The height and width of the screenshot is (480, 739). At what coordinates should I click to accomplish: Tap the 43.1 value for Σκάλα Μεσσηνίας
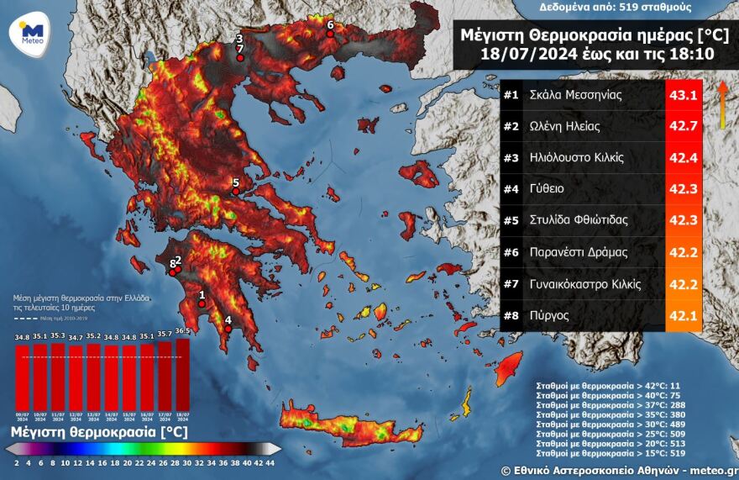(x=683, y=95)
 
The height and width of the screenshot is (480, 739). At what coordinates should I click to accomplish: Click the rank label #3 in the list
(x=511, y=158)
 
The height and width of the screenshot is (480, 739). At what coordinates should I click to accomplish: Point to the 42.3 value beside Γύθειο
(x=683, y=189)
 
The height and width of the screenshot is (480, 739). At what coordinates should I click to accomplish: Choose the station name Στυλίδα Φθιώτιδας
(x=580, y=221)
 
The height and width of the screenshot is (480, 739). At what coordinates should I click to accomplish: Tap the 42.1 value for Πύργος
(x=683, y=315)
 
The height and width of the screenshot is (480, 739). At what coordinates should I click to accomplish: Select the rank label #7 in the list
(x=511, y=284)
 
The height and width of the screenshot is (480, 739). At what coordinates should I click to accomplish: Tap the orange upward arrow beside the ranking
(x=721, y=105)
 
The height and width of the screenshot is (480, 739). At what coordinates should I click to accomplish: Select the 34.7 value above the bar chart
(x=76, y=338)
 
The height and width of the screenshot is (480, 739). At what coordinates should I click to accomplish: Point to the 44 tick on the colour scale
(x=269, y=462)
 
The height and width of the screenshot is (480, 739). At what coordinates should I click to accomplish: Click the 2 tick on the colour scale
(x=16, y=462)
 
